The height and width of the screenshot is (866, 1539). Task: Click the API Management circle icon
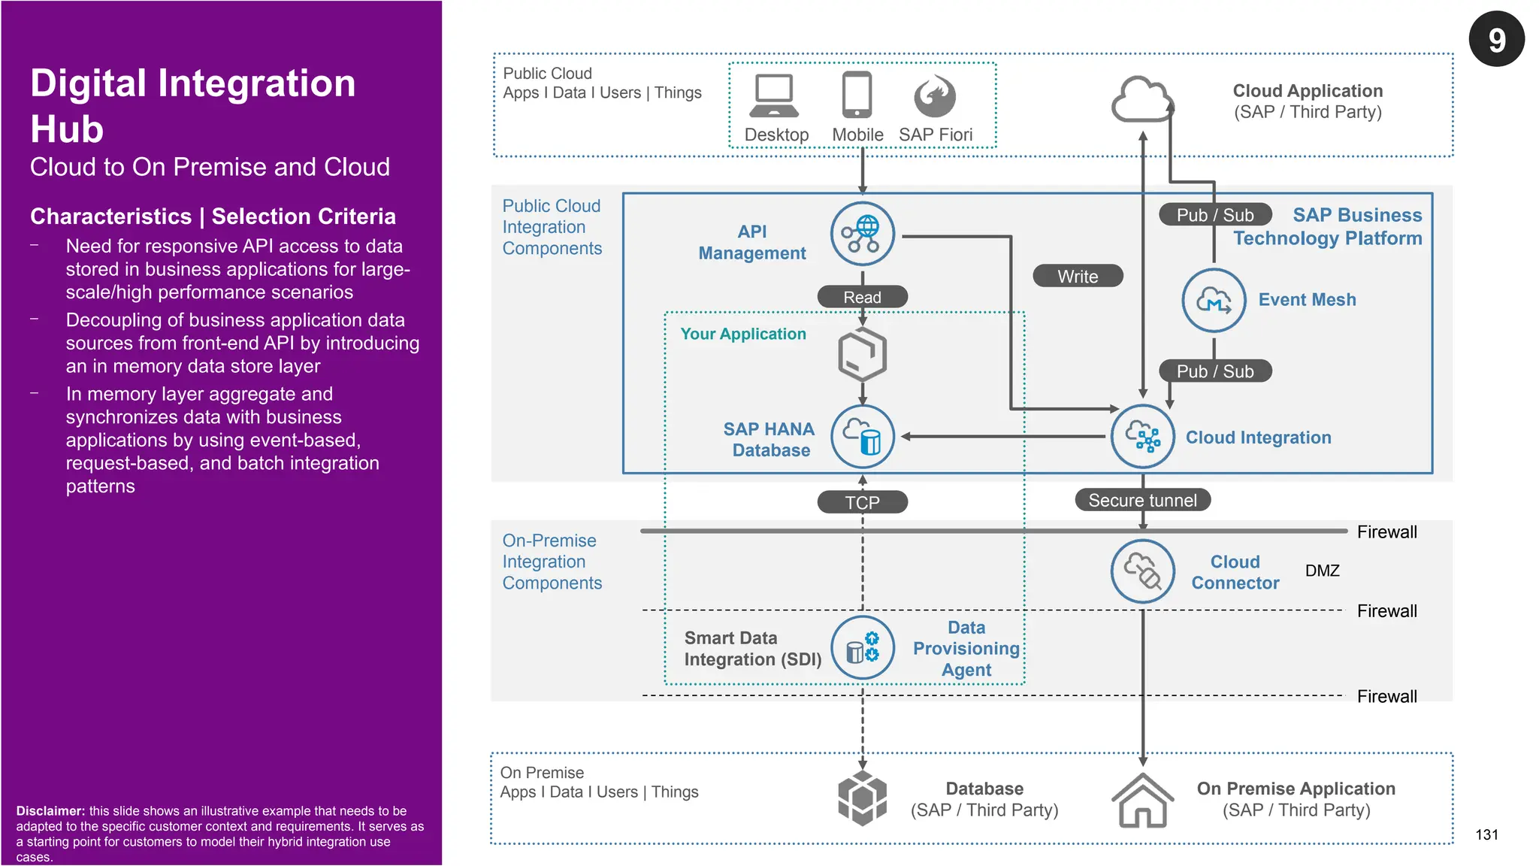(x=862, y=234)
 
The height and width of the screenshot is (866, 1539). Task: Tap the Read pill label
(x=862, y=297)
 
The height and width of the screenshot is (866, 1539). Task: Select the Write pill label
(x=1078, y=276)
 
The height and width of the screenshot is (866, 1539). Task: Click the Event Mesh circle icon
(x=1214, y=300)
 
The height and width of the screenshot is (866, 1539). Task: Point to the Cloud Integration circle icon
(x=1142, y=437)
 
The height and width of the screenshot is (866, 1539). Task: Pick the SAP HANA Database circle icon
(x=862, y=437)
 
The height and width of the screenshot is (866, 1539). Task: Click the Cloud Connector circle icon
(x=1142, y=571)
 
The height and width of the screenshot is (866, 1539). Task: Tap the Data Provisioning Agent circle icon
(x=862, y=648)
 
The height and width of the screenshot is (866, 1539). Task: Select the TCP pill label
(x=862, y=502)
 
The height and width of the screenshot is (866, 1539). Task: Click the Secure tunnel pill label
(x=1142, y=500)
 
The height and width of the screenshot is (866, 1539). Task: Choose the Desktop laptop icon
(x=774, y=96)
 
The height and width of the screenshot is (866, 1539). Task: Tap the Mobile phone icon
(x=857, y=95)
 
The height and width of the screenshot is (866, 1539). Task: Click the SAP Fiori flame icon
(x=935, y=96)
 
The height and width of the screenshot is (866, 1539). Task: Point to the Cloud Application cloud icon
(x=1141, y=100)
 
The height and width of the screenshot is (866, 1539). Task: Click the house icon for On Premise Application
(x=1142, y=801)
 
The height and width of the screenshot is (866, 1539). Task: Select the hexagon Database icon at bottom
(x=862, y=798)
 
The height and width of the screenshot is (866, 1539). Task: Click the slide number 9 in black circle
(x=1496, y=39)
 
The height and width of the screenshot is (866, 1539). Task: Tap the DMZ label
(x=1322, y=571)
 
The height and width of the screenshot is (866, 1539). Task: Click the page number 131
(x=1486, y=834)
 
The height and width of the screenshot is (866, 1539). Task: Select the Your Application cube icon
(x=862, y=353)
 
